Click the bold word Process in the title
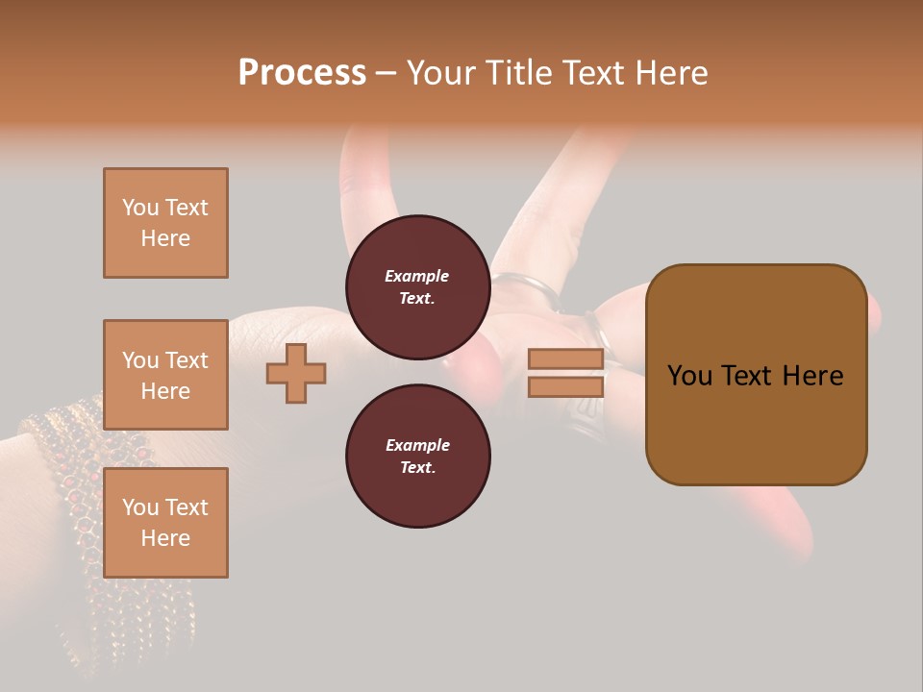point(302,73)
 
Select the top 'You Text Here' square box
point(165,223)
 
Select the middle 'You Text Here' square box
point(165,375)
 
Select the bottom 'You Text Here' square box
point(165,522)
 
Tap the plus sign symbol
point(296,373)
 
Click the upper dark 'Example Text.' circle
point(417,287)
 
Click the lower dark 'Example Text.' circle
point(417,456)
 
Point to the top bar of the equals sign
point(566,359)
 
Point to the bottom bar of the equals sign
point(566,386)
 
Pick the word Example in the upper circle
point(417,276)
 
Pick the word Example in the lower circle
point(417,445)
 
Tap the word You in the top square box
point(140,208)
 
